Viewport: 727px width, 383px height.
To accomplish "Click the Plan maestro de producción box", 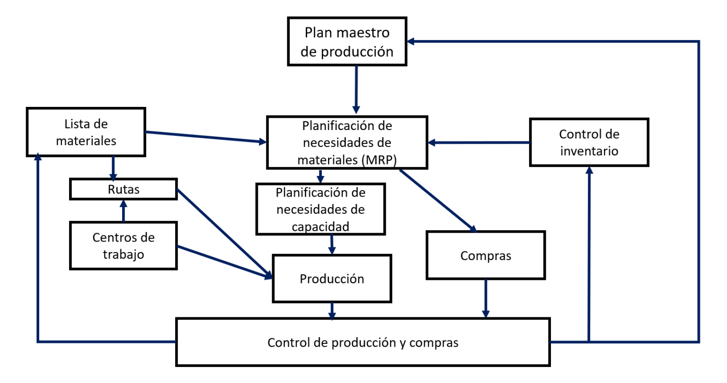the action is click(347, 42).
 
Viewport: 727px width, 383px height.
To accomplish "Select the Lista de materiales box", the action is click(86, 132).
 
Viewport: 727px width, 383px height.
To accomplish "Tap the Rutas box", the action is click(124, 189).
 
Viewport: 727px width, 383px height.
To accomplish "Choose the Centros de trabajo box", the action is click(124, 245).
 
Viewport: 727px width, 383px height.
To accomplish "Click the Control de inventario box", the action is click(589, 142).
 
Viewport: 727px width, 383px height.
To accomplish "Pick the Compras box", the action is click(486, 255).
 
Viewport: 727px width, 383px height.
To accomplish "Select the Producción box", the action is click(332, 279).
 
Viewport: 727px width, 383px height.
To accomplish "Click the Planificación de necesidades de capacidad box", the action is click(320, 209).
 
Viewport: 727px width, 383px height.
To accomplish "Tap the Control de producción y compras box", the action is click(363, 342).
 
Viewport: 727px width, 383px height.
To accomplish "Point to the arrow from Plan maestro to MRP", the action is click(356, 89).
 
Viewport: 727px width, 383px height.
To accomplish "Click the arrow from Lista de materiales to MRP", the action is click(206, 137).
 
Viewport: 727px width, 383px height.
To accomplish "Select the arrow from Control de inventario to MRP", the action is click(479, 142).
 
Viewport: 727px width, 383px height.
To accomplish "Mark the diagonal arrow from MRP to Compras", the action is click(438, 201).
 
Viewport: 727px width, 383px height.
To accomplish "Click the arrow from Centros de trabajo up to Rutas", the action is click(124, 211).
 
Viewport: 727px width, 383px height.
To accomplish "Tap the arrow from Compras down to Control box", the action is click(486, 298).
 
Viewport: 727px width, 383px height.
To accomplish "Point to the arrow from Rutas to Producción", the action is click(225, 234).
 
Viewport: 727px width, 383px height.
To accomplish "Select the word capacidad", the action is click(320, 226).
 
